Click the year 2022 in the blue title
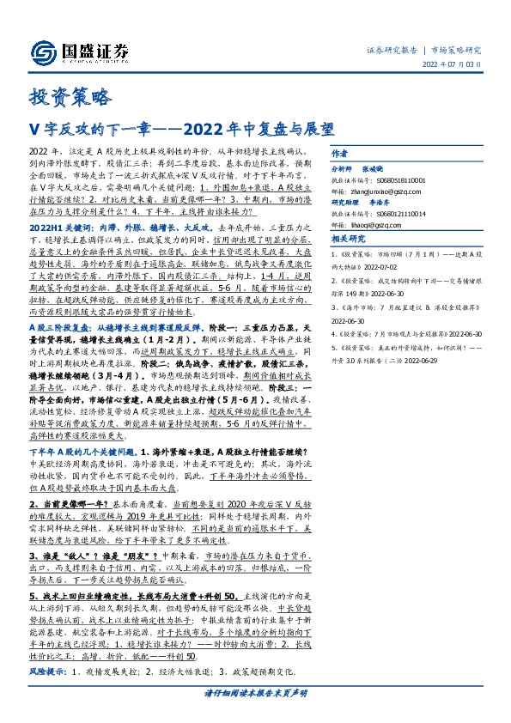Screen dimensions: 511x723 (x=207, y=130)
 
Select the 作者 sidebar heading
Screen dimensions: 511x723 (x=340, y=149)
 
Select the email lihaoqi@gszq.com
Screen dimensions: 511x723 (x=370, y=226)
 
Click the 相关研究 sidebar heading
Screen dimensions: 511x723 (x=349, y=239)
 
